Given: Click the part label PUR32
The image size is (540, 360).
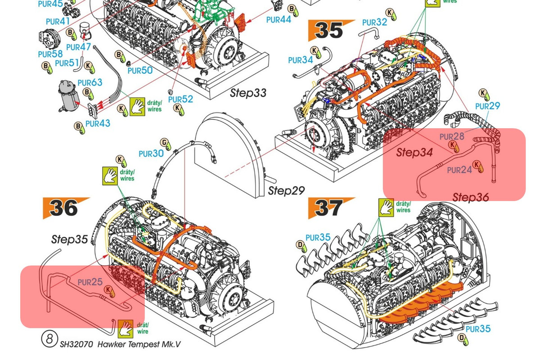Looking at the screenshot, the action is [x=374, y=22].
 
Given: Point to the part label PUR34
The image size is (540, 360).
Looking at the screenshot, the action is [x=301, y=60].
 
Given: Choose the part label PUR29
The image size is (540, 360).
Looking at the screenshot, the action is [x=487, y=106].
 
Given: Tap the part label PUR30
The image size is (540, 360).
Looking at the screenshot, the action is [x=151, y=153].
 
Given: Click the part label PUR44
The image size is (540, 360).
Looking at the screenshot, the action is [x=279, y=19].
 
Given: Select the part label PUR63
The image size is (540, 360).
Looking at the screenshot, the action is [x=90, y=83].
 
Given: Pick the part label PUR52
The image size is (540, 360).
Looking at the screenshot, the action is [x=180, y=99].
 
